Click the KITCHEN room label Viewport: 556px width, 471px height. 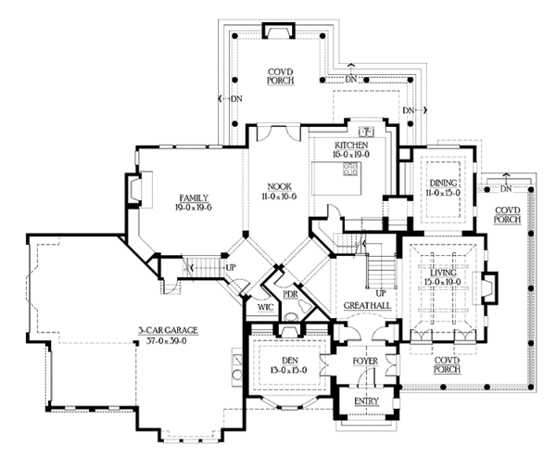[353, 146]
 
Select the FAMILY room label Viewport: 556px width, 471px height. [193, 197]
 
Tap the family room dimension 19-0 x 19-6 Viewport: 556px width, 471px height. [193, 208]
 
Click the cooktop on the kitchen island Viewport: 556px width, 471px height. [350, 169]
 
